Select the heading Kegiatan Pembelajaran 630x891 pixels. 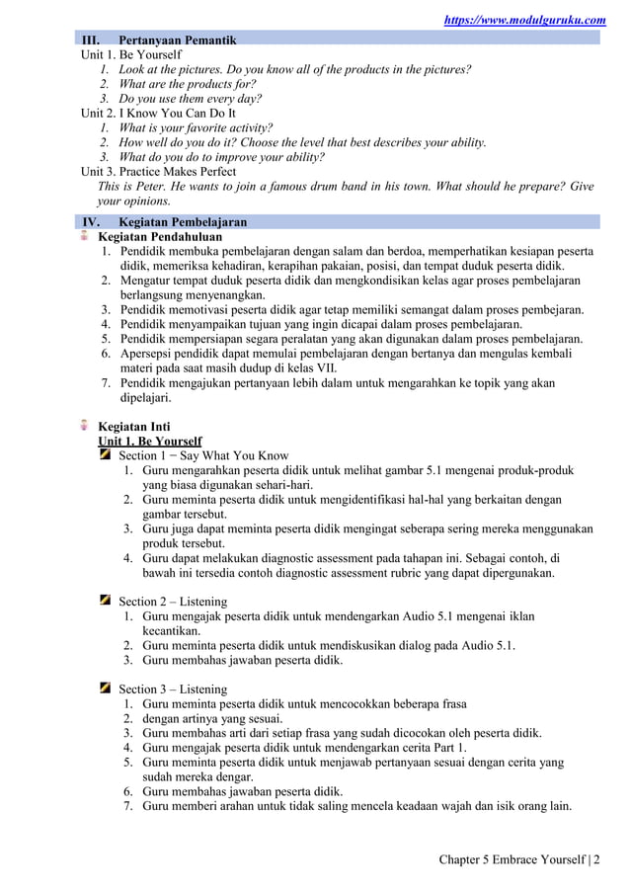[183, 222]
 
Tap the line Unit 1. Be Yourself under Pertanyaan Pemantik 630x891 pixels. [130, 54]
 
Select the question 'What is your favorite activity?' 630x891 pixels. [196, 127]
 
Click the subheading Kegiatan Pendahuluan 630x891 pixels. [160, 237]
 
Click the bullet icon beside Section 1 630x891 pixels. [105, 454]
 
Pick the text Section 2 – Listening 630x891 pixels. [173, 601]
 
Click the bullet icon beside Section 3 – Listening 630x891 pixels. [105, 688]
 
